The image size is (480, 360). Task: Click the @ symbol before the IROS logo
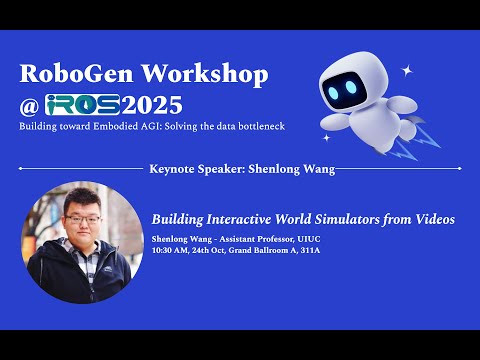click(30, 105)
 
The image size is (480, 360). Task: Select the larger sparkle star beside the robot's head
click(406, 71)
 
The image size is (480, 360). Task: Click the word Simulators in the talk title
click(351, 218)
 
